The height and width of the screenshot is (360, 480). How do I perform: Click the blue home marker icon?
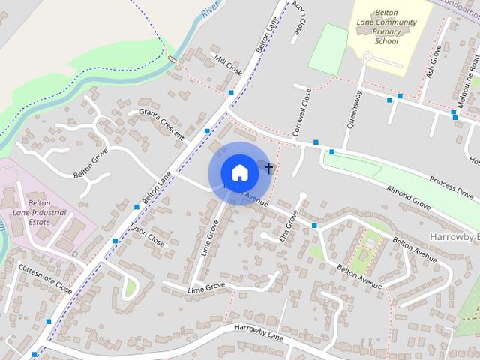pyautogui.click(x=239, y=172)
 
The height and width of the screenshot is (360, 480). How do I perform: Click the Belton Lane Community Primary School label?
pyautogui.click(x=386, y=32)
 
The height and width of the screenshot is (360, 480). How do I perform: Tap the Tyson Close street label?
pyautogui.click(x=147, y=235)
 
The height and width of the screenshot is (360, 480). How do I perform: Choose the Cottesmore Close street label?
pyautogui.click(x=45, y=278)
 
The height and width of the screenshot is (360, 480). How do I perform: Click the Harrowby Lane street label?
pyautogui.click(x=259, y=332)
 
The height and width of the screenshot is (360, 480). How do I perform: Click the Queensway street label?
pyautogui.click(x=353, y=109)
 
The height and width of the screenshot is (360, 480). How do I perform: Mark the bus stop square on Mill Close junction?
pyautogui.click(x=231, y=93)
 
